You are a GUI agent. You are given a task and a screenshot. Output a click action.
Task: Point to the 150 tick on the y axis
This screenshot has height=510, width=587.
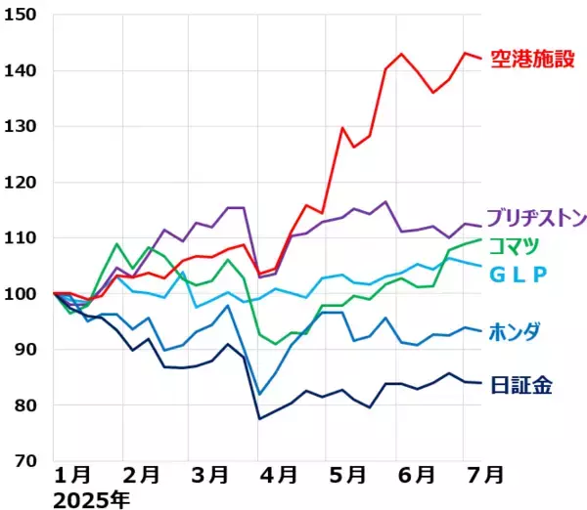(21, 15)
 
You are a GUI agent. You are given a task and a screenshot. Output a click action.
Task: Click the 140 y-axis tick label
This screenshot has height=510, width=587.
(21, 70)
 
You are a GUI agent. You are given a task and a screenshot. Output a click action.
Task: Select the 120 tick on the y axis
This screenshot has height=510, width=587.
(21, 182)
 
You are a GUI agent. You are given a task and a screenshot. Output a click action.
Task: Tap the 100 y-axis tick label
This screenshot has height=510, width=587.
(21, 293)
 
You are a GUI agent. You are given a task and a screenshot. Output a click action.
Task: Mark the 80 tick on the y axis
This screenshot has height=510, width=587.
(25, 404)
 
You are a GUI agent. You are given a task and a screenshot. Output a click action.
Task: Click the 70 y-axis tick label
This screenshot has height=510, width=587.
(25, 460)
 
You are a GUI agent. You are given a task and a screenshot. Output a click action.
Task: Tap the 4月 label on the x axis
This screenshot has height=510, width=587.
(278, 476)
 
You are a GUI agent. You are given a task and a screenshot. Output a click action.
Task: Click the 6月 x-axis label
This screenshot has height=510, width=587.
(416, 476)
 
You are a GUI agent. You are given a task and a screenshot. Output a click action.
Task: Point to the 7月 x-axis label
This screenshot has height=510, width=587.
(484, 476)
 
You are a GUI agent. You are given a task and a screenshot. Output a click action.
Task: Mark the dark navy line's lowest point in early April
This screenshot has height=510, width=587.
(260, 418)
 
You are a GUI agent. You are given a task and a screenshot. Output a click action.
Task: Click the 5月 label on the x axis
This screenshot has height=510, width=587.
(346, 476)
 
